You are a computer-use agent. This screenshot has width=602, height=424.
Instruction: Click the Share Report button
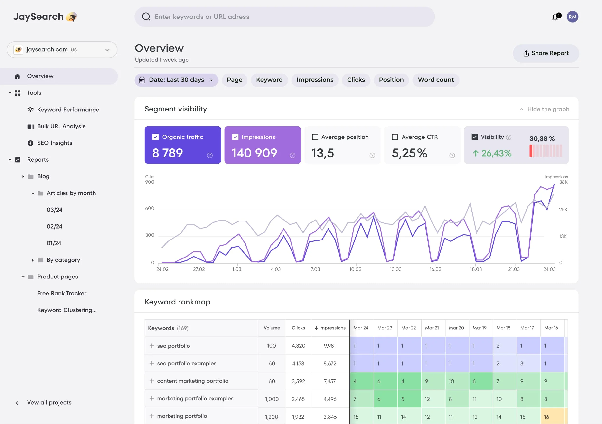546,53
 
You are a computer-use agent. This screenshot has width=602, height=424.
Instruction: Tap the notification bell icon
555,17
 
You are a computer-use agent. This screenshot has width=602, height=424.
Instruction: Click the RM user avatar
572,17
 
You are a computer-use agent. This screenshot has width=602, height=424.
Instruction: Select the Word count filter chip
435,80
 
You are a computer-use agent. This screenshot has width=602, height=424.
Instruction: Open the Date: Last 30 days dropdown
176,80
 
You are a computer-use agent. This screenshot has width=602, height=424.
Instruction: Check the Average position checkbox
315,137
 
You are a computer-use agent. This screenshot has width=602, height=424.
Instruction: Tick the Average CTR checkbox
395,137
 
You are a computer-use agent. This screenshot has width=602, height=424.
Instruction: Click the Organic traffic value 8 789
167,153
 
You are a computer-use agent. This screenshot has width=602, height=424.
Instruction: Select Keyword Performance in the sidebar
68,110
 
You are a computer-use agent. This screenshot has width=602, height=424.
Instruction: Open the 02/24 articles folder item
55,226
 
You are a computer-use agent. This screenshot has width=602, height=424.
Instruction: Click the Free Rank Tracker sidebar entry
62,293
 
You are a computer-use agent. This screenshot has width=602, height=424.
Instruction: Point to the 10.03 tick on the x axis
355,269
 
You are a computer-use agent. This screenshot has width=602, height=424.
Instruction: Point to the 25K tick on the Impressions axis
563,210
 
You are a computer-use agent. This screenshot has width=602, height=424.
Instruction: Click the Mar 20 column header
456,328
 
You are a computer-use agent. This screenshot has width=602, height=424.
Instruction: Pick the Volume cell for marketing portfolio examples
271,399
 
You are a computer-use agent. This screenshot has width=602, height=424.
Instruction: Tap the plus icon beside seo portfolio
151,346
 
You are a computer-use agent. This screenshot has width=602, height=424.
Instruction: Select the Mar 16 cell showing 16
552,417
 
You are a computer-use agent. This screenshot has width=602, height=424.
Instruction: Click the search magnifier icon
146,17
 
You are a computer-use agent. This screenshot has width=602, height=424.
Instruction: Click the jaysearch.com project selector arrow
107,50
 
